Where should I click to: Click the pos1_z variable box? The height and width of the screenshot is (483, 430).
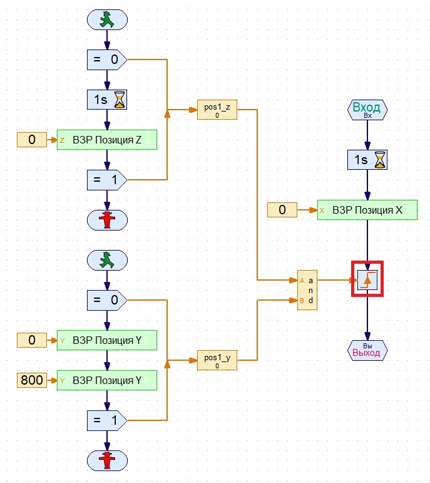217,110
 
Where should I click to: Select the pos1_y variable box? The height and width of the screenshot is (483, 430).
217,360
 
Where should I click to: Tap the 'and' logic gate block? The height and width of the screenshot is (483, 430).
307,291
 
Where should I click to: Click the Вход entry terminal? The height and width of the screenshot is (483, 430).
367,110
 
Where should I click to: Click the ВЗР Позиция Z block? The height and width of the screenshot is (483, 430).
106,140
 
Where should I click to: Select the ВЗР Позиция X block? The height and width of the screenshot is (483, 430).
367,210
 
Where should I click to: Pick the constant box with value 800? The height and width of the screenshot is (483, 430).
32,380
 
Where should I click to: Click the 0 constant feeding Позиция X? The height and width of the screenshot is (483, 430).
282,210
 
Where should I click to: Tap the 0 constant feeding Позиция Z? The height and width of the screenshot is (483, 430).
32,140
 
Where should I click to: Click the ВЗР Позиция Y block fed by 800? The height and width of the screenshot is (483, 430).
106,380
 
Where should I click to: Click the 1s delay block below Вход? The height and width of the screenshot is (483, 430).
367,160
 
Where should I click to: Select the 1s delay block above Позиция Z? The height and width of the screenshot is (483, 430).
106,100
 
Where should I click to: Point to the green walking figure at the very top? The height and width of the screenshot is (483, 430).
107,20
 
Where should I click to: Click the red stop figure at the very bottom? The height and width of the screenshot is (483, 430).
107,460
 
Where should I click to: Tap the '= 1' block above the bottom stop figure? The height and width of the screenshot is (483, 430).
106,420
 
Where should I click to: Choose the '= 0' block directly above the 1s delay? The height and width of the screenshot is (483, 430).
106,60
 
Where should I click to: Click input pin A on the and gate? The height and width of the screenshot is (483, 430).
302,280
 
